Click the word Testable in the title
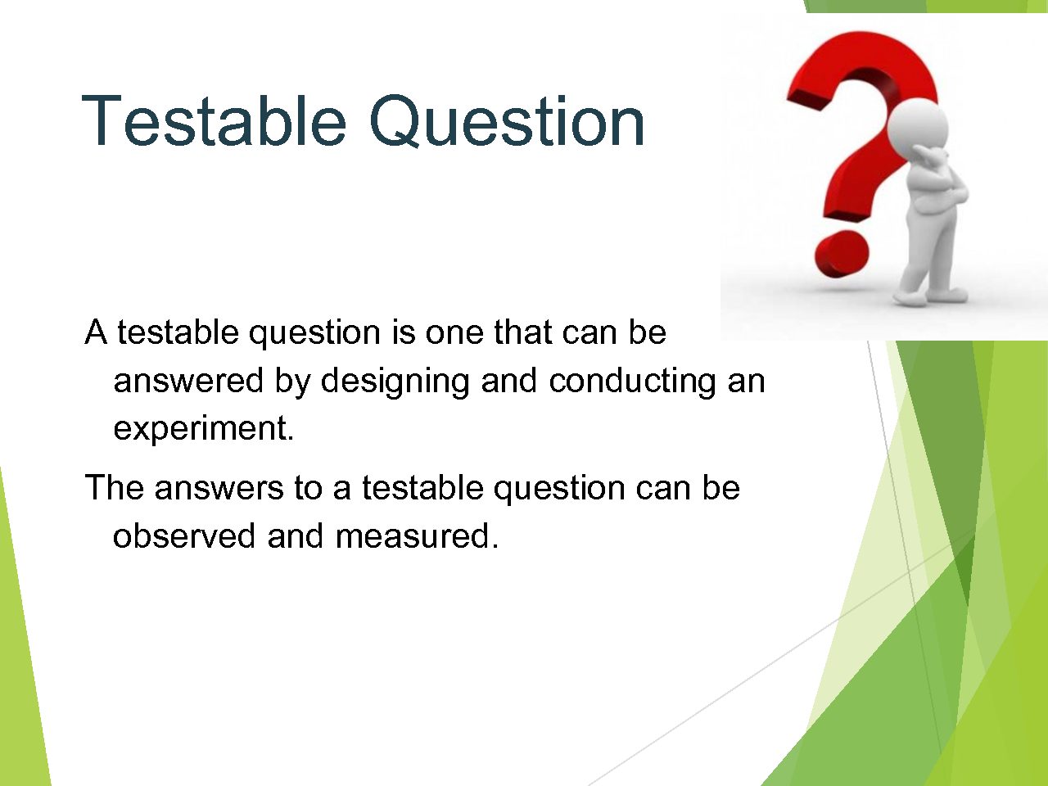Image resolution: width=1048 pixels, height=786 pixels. tap(214, 120)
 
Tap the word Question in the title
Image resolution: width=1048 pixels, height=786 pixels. tap(507, 121)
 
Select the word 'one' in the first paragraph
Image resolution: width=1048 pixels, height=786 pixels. tap(454, 332)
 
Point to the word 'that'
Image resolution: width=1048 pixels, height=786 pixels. tap(523, 332)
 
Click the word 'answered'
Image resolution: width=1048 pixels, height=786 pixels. tap(188, 381)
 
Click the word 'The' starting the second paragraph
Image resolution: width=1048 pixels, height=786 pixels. tap(114, 488)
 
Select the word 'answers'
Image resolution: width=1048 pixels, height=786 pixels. tap(219, 490)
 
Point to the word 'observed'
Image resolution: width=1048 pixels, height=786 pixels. tap(184, 536)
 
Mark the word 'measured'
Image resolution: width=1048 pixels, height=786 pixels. tap(413, 536)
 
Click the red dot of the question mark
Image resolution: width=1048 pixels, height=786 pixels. tap(841, 254)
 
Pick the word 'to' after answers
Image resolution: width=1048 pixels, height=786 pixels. tap(309, 488)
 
